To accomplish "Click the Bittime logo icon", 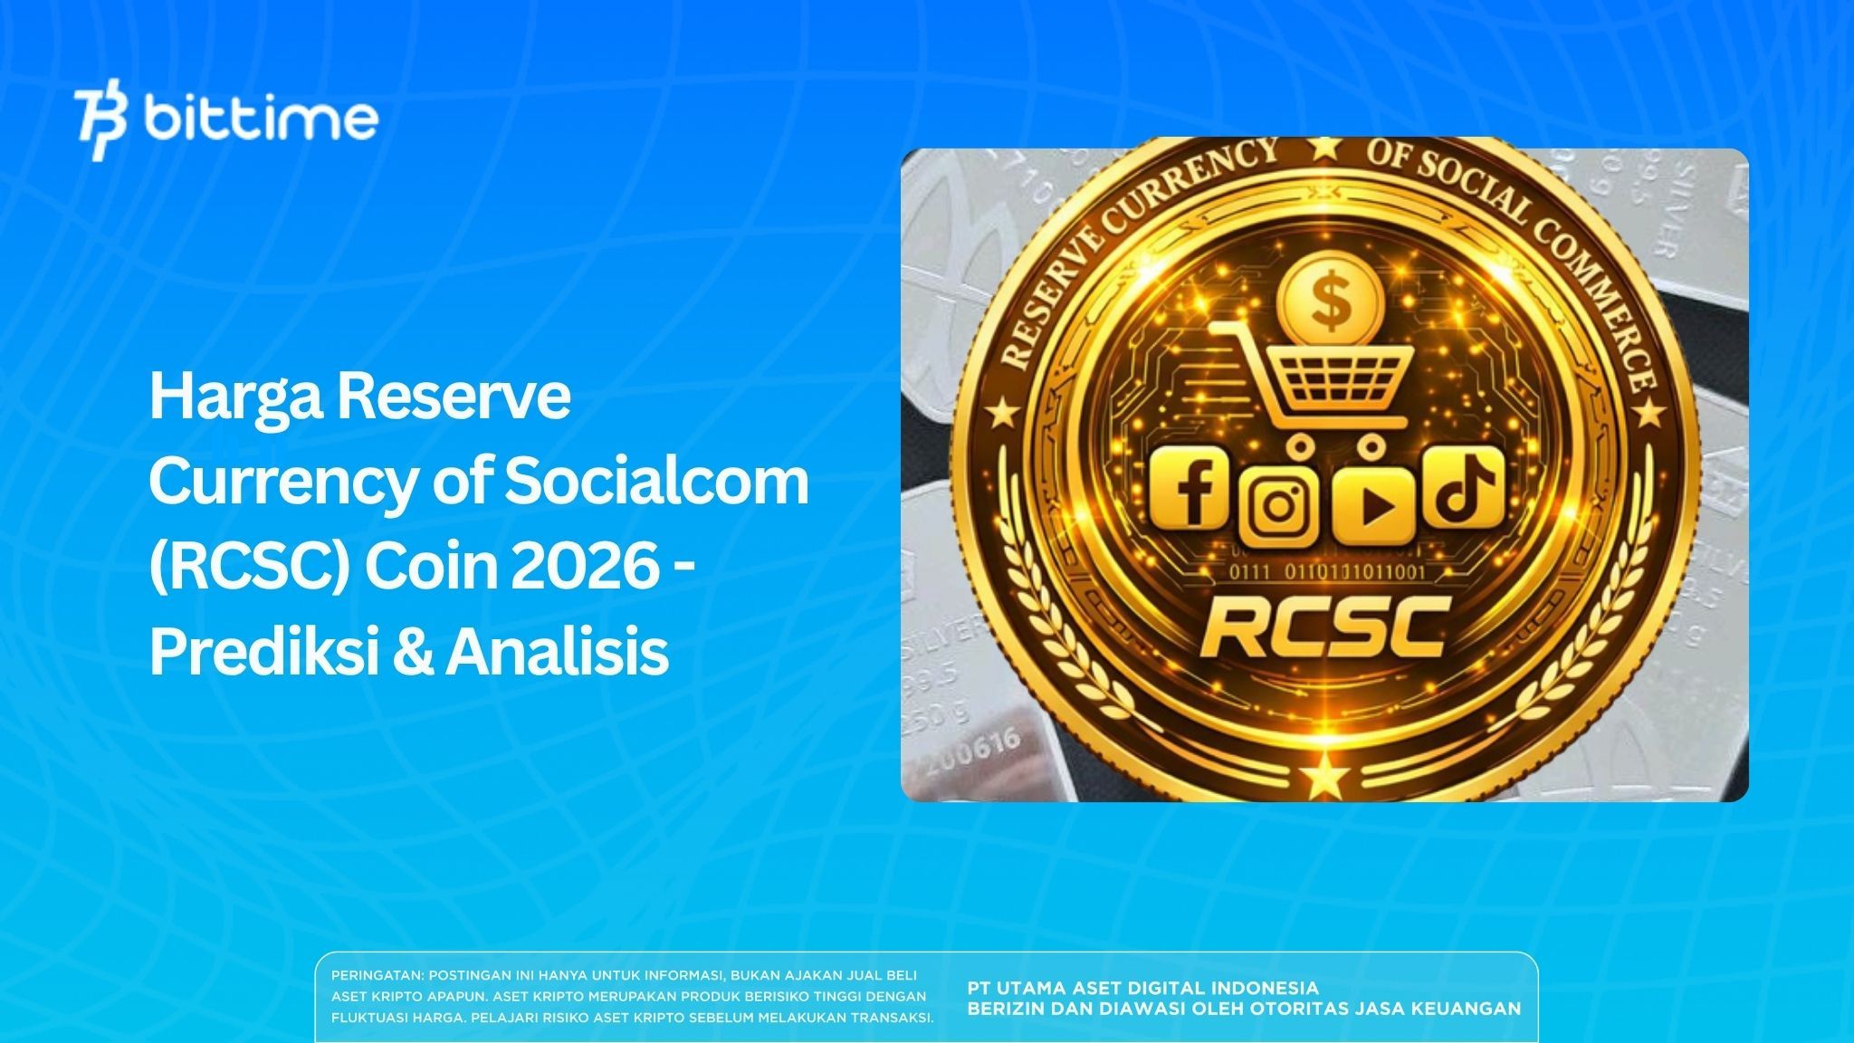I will click(x=101, y=124).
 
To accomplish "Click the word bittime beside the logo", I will click(x=260, y=118).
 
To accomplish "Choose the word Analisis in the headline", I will click(x=556, y=652).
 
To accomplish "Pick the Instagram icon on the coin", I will click(x=1278, y=503).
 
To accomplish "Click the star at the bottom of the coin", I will click(x=1324, y=775).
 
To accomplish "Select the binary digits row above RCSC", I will click(x=1324, y=571).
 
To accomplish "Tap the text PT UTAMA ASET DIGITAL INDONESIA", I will click(x=1142, y=988).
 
